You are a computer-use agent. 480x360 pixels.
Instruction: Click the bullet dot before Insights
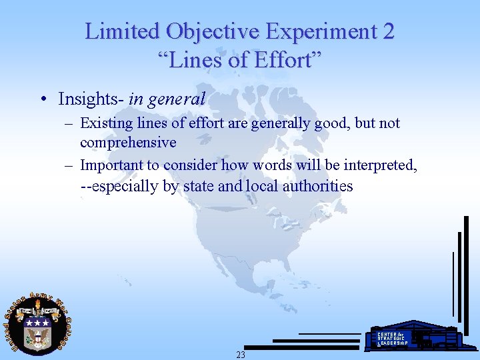coord(42,100)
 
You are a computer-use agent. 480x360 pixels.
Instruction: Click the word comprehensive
coord(128,142)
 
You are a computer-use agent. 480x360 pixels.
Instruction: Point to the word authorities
coord(317,186)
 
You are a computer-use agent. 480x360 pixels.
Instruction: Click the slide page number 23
coord(241,355)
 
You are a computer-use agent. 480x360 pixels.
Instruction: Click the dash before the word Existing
coord(69,123)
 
